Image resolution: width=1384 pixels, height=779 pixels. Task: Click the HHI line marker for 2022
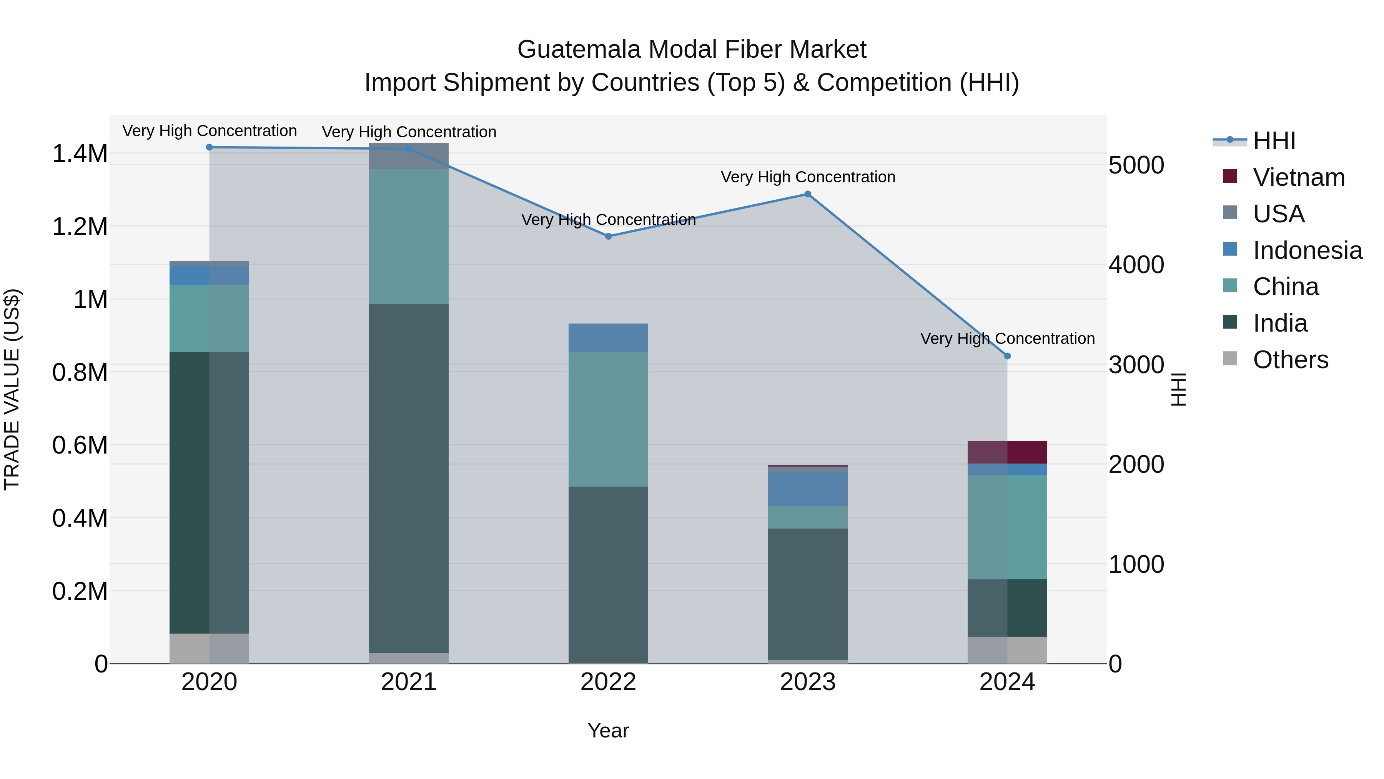coord(608,236)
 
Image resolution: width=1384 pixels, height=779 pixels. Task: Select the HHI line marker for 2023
coord(807,194)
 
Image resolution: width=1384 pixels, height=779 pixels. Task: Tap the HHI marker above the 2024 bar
coord(1007,356)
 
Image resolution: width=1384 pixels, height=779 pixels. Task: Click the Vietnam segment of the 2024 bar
coord(1007,452)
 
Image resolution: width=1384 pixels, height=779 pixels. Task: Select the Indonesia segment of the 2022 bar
coord(608,338)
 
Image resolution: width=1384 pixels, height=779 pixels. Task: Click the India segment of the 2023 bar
coord(807,594)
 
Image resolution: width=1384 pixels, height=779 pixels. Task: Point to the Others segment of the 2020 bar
coord(209,648)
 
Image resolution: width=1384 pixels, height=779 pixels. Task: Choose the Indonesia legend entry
coord(1307,250)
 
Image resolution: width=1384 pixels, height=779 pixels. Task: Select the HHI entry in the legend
coord(1273,141)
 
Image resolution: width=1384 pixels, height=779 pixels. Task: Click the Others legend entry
coord(1289,360)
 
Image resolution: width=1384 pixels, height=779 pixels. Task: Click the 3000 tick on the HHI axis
coord(1136,365)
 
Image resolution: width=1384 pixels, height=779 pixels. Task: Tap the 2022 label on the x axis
coord(608,682)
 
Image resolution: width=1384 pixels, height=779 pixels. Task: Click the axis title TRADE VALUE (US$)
coord(12,389)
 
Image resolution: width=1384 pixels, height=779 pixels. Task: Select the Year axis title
coord(608,731)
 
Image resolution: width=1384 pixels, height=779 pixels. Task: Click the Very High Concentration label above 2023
coord(807,177)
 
